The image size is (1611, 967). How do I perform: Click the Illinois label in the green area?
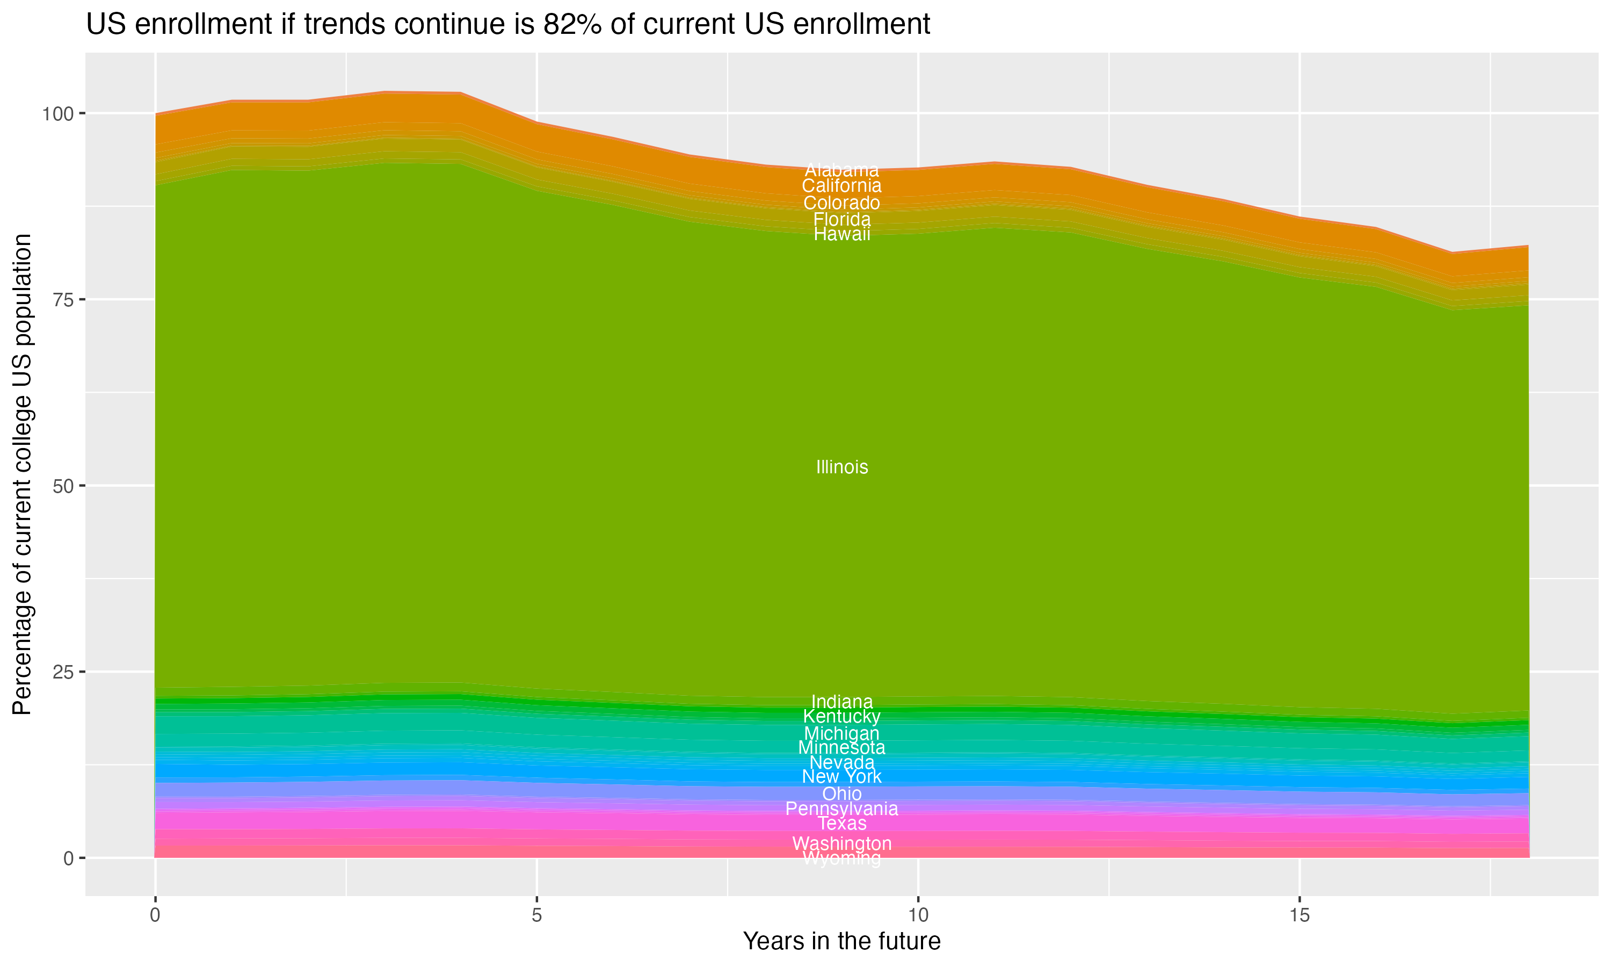841,467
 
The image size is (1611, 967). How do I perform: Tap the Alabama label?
841,171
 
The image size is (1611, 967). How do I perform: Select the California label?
841,186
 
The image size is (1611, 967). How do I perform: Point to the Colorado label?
841,203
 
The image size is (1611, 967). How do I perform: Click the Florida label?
841,219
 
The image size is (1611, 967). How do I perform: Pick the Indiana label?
841,702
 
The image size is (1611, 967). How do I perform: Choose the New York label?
841,777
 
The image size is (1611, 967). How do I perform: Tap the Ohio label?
841,793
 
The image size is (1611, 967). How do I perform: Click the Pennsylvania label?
841,809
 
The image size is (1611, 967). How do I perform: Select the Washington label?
841,843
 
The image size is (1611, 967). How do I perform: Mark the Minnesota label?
841,747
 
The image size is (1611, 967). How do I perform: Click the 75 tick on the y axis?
61,300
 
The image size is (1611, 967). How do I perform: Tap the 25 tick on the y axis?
61,672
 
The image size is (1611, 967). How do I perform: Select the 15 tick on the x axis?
1299,915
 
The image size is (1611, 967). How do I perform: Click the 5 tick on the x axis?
536,915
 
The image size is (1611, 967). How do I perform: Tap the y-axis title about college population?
22,474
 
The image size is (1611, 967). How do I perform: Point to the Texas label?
841,824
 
